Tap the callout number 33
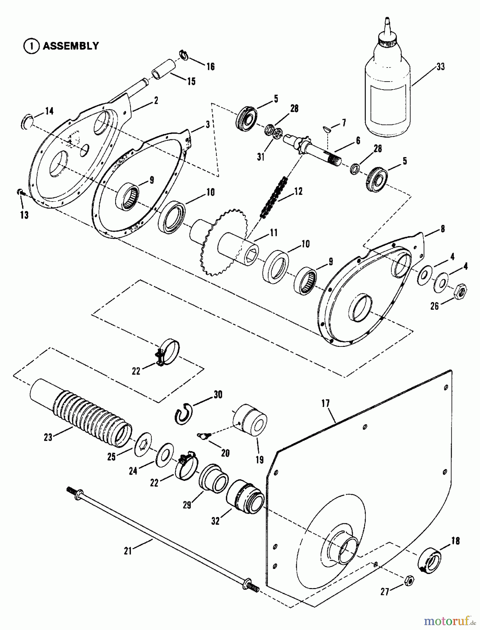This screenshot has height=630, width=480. pos(440,66)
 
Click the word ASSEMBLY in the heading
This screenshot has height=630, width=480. pos(71,46)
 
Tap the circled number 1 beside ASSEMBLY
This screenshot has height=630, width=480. pos(31,46)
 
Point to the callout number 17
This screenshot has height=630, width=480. pos(326,403)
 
